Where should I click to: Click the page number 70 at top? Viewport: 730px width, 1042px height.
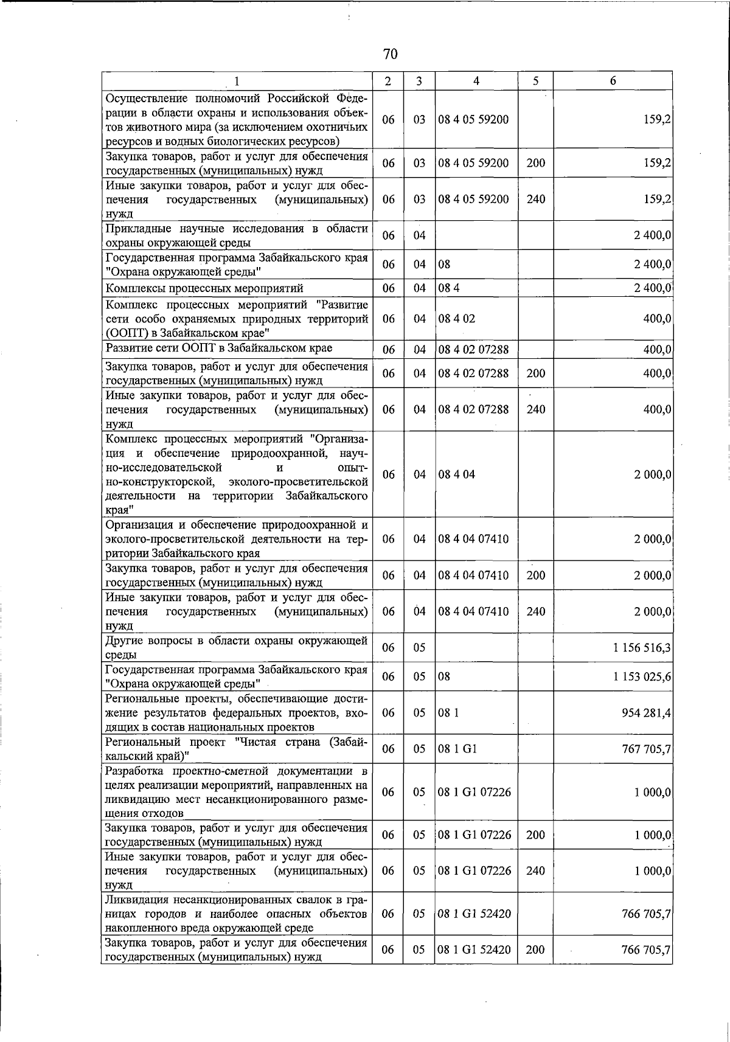click(x=391, y=54)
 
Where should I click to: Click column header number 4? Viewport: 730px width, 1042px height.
click(x=476, y=81)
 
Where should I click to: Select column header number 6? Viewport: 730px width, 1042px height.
click(x=613, y=81)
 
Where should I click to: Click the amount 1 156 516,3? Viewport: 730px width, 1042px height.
click(x=642, y=648)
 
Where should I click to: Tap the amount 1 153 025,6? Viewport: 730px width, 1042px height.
click(x=642, y=676)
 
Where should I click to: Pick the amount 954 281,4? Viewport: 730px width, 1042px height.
click(x=646, y=712)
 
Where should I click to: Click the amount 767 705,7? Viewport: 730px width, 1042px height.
click(x=646, y=749)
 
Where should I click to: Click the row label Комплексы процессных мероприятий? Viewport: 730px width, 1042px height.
click(x=204, y=288)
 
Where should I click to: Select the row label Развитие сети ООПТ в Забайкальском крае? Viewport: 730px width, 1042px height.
click(x=219, y=349)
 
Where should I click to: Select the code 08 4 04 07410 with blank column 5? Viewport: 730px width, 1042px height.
click(x=473, y=539)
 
